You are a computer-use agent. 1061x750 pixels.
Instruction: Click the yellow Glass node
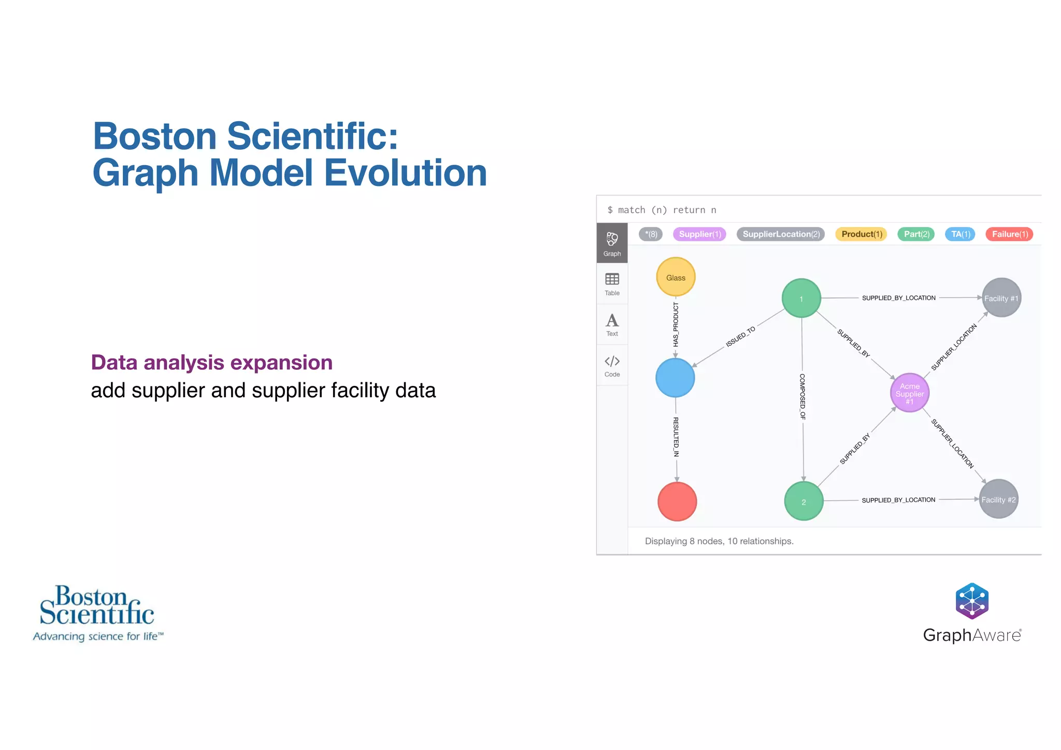pos(676,277)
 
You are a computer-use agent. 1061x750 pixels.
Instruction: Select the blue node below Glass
pos(675,378)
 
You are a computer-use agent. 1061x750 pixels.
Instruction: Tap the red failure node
pos(677,501)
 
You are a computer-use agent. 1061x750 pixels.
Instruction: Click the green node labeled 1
pos(801,298)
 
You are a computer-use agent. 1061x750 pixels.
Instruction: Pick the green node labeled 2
pos(804,501)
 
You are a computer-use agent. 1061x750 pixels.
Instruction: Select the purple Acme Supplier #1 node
pos(909,393)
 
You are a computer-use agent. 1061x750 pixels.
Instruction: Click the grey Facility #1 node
pos(1001,298)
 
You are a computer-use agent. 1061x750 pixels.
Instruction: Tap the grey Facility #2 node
pos(998,499)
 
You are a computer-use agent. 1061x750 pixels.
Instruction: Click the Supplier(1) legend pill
pos(699,234)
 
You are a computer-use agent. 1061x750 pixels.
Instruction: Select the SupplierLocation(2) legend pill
pos(781,234)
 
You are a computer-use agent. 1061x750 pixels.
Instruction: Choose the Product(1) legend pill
pos(861,234)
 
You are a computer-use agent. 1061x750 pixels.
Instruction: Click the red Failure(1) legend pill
pos(1009,234)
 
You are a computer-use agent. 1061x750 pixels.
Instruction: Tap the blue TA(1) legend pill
pos(960,234)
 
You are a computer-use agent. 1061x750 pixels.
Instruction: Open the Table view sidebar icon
pos(612,284)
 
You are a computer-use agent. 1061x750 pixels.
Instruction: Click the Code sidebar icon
pos(612,365)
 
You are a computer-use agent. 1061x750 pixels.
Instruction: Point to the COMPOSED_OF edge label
pos(802,396)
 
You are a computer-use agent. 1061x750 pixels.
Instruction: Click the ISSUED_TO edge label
pos(740,337)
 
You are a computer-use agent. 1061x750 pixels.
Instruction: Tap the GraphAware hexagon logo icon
pos(972,601)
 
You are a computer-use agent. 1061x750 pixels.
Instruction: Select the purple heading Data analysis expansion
pos(211,363)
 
